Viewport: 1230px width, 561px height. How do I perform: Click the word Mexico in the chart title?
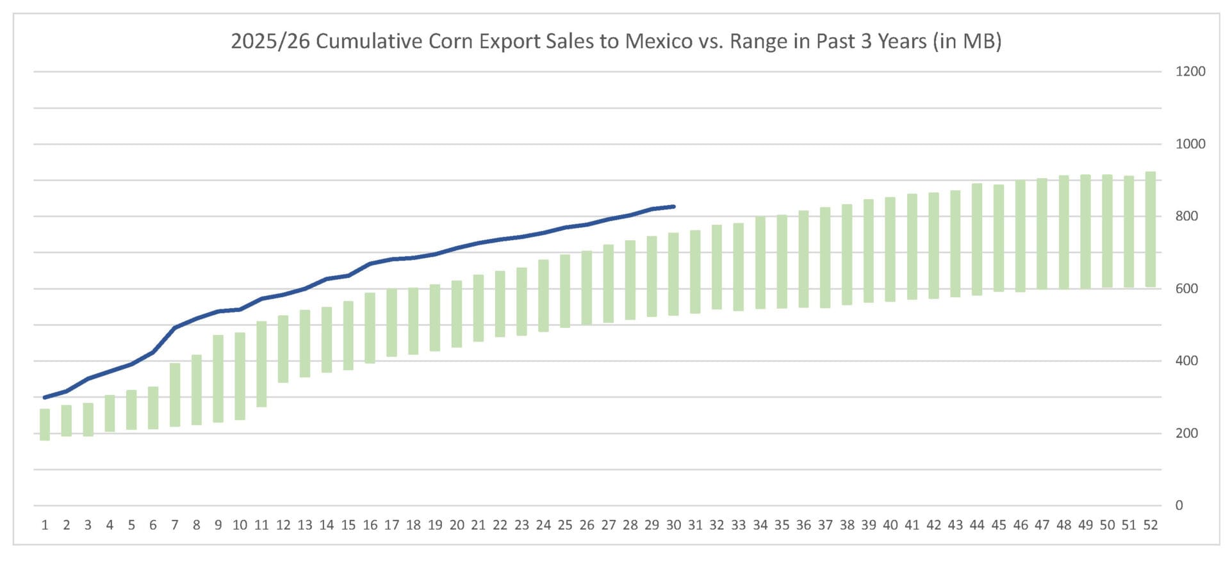point(659,41)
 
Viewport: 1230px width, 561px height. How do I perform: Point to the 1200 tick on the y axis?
point(1190,72)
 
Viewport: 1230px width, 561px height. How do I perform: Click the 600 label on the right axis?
point(1186,289)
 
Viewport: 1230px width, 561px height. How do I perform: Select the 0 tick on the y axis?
point(1179,506)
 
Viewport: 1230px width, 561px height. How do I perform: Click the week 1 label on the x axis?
point(45,526)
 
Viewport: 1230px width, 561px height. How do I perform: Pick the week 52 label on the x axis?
point(1151,526)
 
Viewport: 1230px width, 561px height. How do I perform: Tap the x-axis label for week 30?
point(673,526)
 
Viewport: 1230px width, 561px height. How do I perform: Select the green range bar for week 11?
point(261,364)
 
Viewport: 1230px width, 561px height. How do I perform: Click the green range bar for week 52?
point(1151,229)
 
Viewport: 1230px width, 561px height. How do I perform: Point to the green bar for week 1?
point(45,425)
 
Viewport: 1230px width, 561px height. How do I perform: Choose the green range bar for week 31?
point(695,272)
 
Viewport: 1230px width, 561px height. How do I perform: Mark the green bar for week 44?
point(977,240)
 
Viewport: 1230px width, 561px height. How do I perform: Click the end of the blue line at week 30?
point(674,207)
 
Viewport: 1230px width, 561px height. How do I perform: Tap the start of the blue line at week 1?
point(45,398)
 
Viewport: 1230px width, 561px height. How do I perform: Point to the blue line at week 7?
point(175,328)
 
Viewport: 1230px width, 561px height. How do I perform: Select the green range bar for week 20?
point(457,314)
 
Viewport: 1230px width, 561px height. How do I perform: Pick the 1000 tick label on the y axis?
point(1190,144)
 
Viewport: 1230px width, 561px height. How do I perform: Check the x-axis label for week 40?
point(890,526)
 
